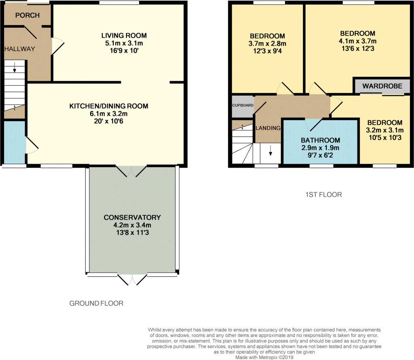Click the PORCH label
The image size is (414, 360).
pyautogui.click(x=27, y=15)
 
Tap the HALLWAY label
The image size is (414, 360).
pyautogui.click(x=20, y=49)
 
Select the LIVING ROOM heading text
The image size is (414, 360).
pyautogui.click(x=124, y=36)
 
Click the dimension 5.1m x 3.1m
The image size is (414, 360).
pyautogui.click(x=124, y=43)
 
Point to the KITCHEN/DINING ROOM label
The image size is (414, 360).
pyautogui.click(x=109, y=106)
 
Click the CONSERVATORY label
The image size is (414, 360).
pyautogui.click(x=132, y=217)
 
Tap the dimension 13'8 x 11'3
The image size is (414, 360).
pyautogui.click(x=132, y=233)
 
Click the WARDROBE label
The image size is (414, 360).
pyautogui.click(x=382, y=86)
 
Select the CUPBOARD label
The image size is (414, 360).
pyautogui.click(x=243, y=105)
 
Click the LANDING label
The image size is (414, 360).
pyautogui.click(x=268, y=128)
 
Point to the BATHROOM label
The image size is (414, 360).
pyautogui.click(x=321, y=140)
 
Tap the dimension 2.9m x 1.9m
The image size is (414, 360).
pyautogui.click(x=320, y=148)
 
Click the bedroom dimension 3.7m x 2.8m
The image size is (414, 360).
pyautogui.click(x=268, y=44)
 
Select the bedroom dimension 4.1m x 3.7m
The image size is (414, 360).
pyautogui.click(x=358, y=41)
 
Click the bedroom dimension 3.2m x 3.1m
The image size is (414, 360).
pyautogui.click(x=385, y=130)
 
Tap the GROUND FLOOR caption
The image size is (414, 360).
pyautogui.click(x=96, y=303)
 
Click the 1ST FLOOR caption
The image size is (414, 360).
pyautogui.click(x=324, y=195)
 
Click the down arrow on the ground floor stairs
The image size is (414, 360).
pyautogui.click(x=15, y=67)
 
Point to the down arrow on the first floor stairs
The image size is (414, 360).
pyautogui.click(x=270, y=150)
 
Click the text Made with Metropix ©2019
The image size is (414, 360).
pyautogui.click(x=264, y=358)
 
